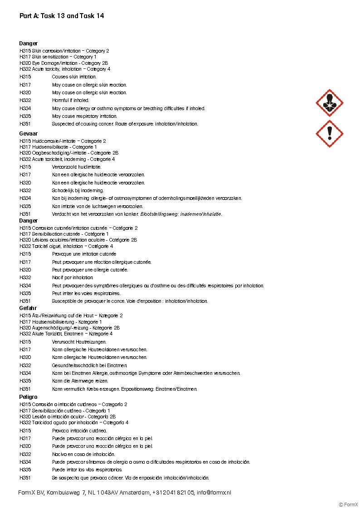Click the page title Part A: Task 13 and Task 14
click(62, 16)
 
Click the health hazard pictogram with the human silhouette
click(329, 103)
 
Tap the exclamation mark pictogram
click(329, 133)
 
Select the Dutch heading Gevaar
click(28, 134)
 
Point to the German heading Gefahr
click(28, 308)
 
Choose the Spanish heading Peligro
click(29, 397)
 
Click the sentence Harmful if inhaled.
click(70, 100)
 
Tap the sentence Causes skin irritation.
click(74, 77)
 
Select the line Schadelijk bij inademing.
click(78, 190)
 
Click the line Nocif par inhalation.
click(73, 277)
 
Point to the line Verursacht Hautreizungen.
click(79, 342)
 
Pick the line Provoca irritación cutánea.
click(79, 431)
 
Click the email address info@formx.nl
click(214, 492)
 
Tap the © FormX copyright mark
click(348, 504)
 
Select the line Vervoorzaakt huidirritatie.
click(77, 167)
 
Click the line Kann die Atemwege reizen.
click(80, 381)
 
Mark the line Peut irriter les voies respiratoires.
click(86, 293)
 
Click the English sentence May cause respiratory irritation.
click(84, 116)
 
